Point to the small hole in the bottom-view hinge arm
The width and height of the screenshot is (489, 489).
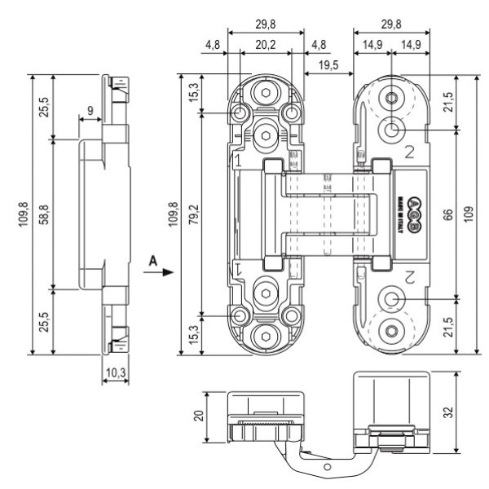327,467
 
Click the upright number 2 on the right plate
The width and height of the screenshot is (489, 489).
410,149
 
